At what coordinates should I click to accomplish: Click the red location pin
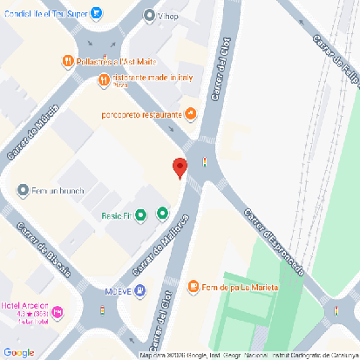[x=180, y=166]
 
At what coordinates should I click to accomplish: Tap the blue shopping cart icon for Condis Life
[x=96, y=13]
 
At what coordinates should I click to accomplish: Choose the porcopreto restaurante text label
[x=143, y=113]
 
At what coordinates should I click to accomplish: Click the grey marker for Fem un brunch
[x=23, y=190]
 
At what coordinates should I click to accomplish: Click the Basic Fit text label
[x=115, y=215]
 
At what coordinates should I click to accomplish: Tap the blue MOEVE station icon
[x=141, y=290]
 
